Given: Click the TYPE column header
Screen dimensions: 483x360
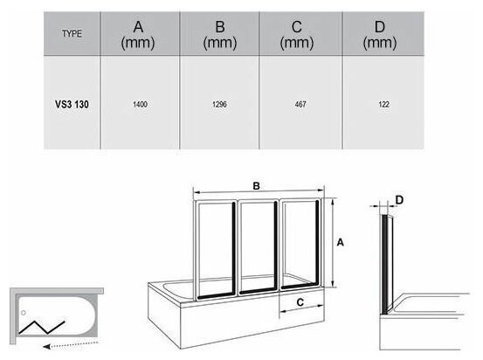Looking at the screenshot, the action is point(72,33).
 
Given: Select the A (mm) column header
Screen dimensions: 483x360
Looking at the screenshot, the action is point(138,35).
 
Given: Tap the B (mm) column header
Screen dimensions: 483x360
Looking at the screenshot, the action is point(219,35).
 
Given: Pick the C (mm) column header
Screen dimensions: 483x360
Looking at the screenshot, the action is point(296,35).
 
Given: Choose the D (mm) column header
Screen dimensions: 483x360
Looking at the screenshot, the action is point(379,35).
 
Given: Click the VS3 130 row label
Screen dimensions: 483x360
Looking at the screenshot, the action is point(72,104).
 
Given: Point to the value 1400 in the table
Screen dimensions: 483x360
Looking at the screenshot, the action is point(140,104).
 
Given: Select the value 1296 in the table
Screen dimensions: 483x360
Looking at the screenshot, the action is point(219,104).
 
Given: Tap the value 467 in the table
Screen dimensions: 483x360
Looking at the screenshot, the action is point(300,104).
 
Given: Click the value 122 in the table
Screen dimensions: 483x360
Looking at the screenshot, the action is point(383,104).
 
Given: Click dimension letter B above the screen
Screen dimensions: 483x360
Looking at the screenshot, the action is point(256,186).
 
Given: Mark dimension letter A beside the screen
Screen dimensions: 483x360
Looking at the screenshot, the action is point(340,243).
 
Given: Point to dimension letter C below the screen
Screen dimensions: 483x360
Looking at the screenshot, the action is point(300,302).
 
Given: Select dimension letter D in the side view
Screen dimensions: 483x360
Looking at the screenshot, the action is point(399,200).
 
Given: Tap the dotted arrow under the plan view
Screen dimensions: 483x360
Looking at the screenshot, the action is point(71,344).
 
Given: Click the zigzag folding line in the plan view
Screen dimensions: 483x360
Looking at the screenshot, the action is point(42,328).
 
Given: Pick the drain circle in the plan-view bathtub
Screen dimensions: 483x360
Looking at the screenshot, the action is point(24,313).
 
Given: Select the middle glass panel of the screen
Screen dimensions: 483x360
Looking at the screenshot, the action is point(259,247).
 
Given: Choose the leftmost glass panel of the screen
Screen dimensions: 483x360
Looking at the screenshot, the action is point(216,250).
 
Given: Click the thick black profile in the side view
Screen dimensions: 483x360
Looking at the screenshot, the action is point(384,265).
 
